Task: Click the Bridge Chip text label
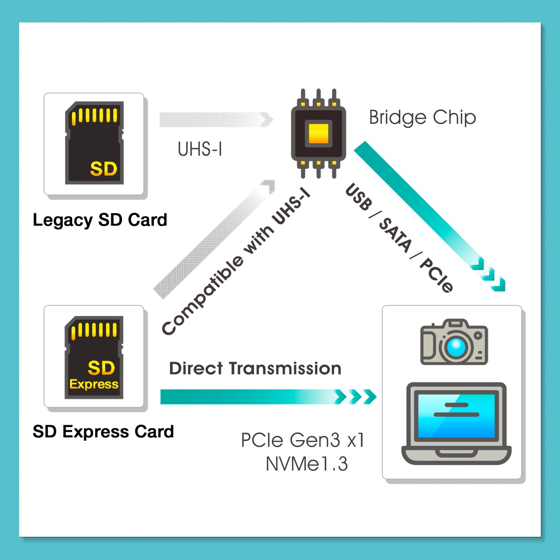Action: click(422, 117)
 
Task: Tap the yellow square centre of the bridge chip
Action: click(318, 134)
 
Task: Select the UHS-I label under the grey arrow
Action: click(200, 149)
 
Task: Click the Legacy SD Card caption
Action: click(100, 220)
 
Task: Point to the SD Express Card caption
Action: click(103, 432)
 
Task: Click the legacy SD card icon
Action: click(94, 143)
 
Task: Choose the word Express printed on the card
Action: click(94, 384)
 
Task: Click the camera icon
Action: click(454, 342)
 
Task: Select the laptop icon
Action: click(456, 423)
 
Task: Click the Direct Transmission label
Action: click(255, 369)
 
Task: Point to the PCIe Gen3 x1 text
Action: click(303, 440)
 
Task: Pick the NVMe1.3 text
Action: click(307, 464)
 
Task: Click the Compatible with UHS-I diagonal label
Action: click(236, 262)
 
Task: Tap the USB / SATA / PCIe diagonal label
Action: click(399, 238)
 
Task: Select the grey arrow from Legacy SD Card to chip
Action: click(215, 119)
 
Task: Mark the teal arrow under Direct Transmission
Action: click(267, 397)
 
